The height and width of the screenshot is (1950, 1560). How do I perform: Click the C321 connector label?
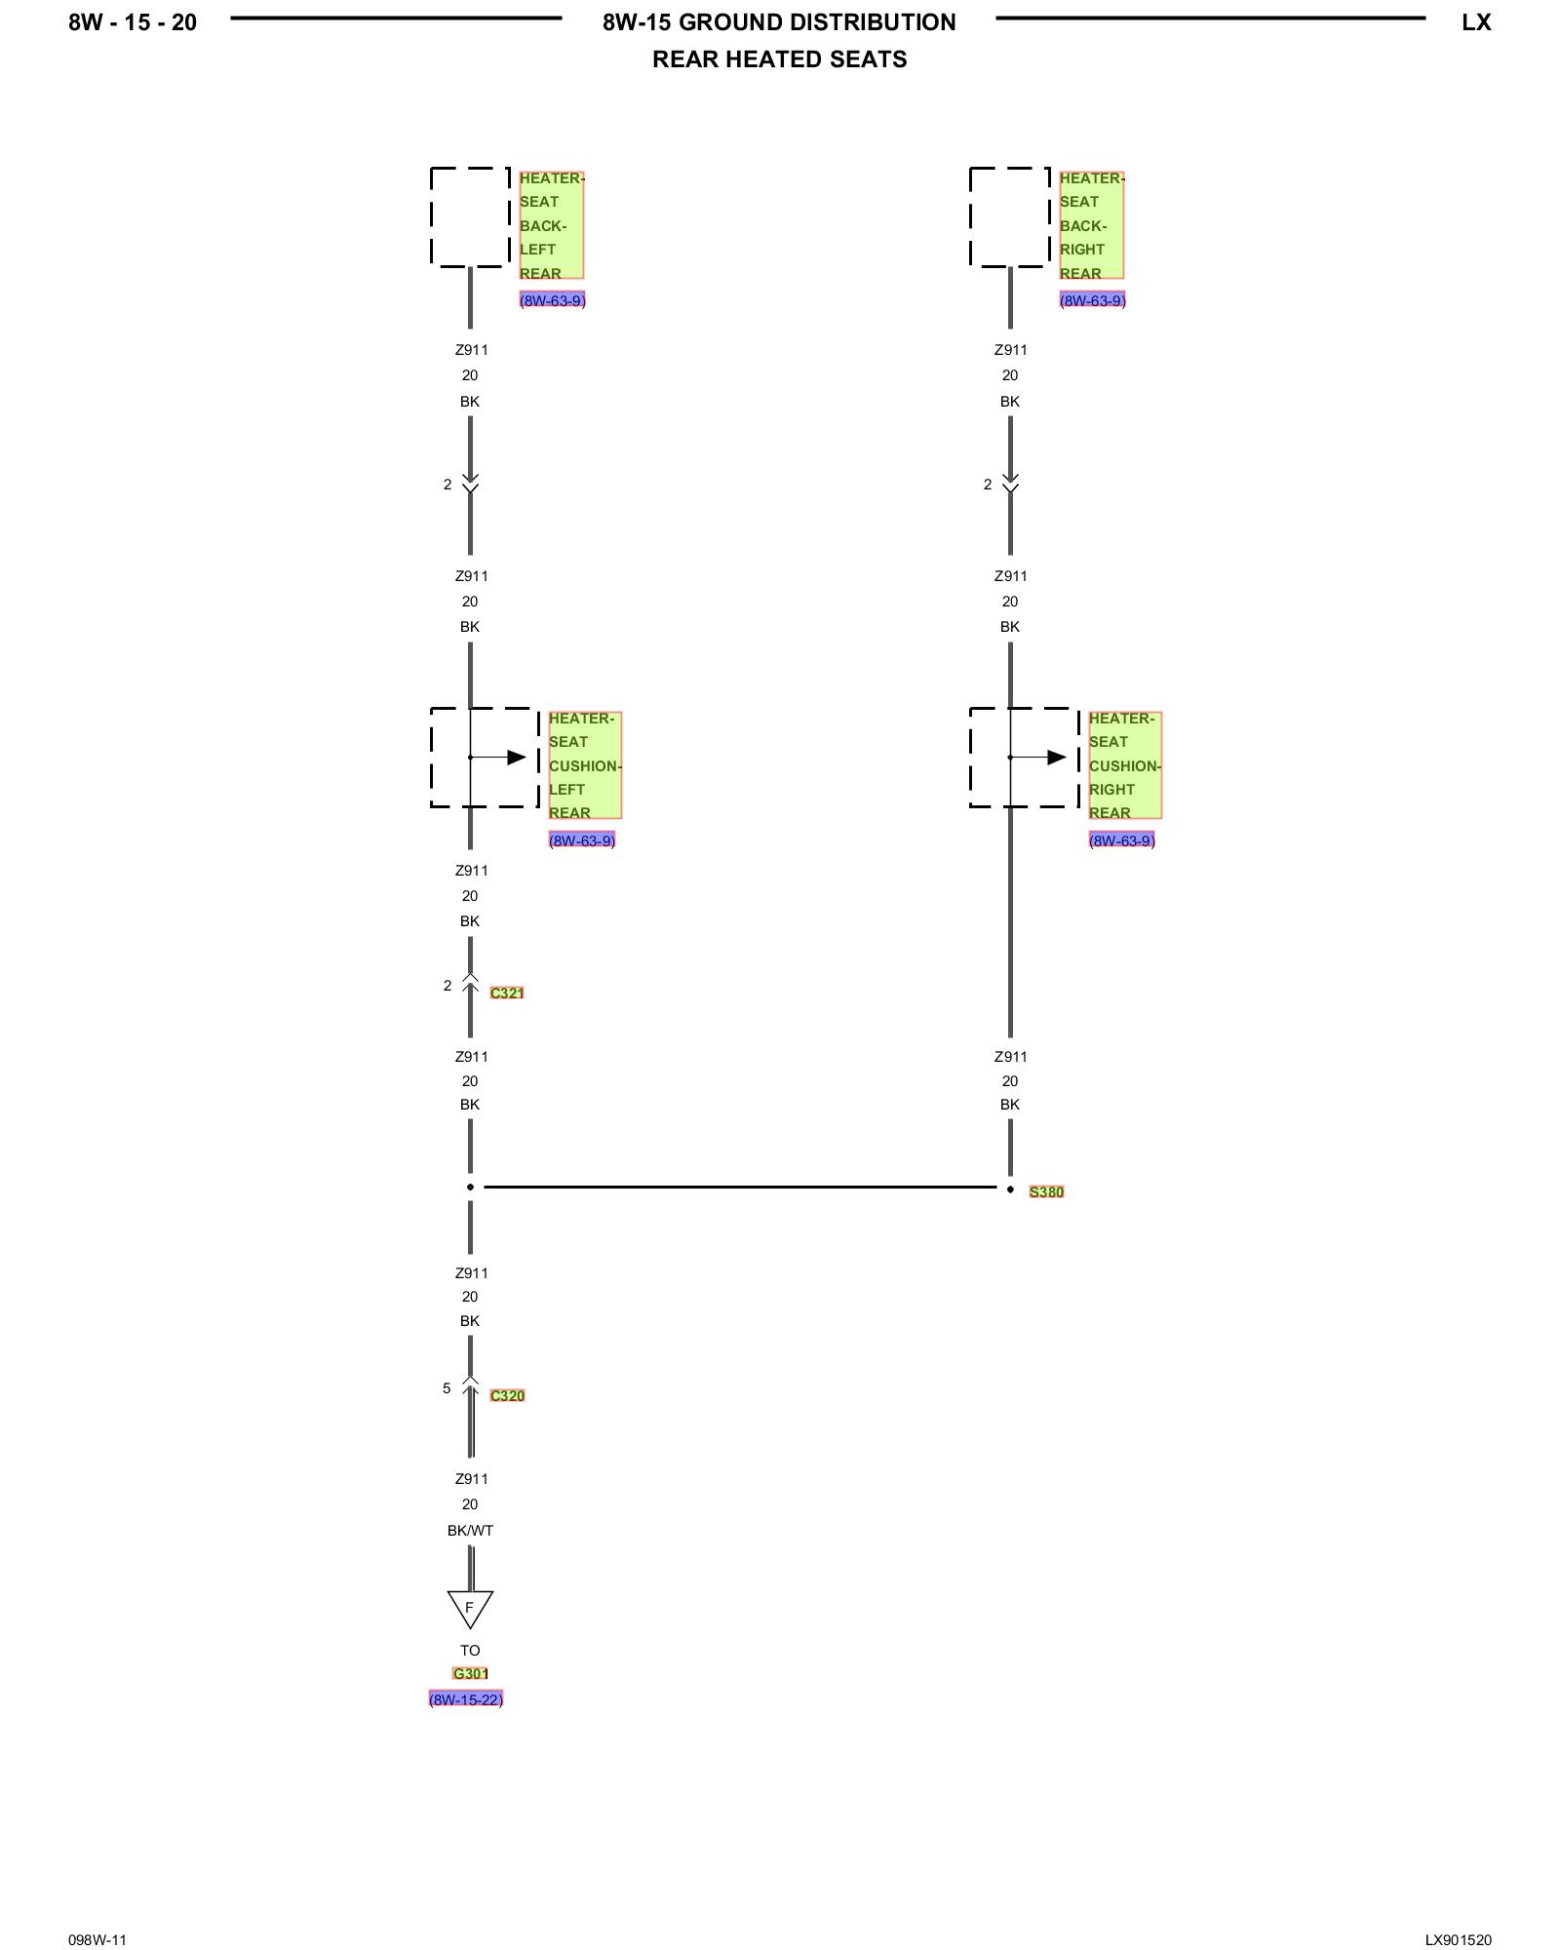tap(507, 993)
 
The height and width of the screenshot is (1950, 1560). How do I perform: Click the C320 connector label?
tap(507, 1395)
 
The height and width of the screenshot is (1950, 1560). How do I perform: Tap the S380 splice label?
tap(1046, 1191)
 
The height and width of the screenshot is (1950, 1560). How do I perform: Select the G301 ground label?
tap(470, 1673)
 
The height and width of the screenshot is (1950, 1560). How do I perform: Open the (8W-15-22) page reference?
tap(466, 1699)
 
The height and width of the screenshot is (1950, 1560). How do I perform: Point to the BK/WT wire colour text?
tap(470, 1530)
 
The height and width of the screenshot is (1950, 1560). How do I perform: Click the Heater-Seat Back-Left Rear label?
tap(551, 225)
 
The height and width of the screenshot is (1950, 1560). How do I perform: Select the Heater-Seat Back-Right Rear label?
tap(1091, 225)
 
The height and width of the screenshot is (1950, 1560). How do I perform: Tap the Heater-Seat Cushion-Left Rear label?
tap(584, 765)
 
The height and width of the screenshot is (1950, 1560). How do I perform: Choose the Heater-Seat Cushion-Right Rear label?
tap(1124, 765)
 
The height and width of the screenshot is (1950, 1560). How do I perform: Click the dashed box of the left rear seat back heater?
tap(470, 216)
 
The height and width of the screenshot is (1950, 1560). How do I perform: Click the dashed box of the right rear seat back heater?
tap(1010, 216)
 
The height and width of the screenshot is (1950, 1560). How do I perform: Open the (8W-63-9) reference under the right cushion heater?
tap(1121, 840)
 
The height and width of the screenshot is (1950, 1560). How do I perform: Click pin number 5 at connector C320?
tap(447, 1387)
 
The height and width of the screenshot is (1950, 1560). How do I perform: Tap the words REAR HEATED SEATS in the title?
tap(779, 59)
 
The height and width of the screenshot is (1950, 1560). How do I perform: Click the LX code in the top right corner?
tap(1476, 22)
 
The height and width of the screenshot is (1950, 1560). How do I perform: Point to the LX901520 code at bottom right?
tap(1458, 1939)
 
